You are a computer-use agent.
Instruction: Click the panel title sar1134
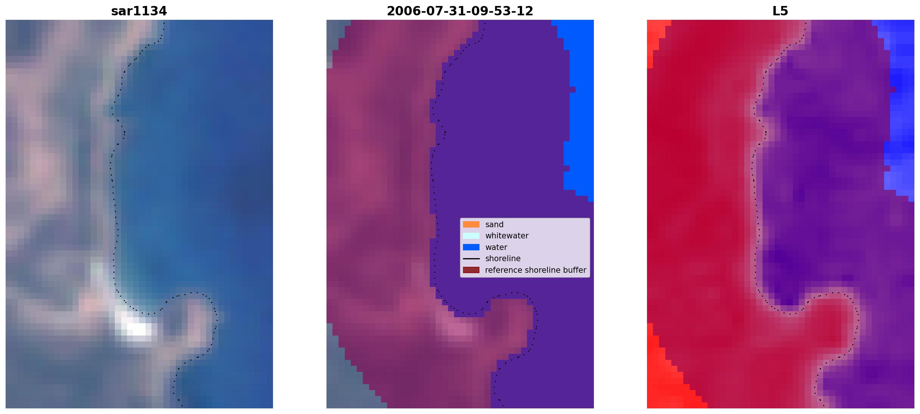point(139,11)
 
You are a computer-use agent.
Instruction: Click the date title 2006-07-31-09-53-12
point(460,11)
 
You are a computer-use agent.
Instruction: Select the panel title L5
point(780,11)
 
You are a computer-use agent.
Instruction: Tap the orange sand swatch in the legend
point(471,224)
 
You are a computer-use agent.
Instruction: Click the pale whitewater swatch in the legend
point(471,236)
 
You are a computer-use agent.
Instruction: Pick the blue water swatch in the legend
point(471,247)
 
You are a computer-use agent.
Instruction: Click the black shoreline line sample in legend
point(471,259)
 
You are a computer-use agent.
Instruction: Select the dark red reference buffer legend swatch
point(471,270)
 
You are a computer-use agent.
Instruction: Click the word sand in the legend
point(494,225)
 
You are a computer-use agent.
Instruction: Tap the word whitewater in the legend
point(507,236)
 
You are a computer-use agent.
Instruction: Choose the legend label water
point(496,247)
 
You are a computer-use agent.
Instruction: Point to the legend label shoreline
point(503,259)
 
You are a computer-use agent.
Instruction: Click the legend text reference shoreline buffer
point(536,270)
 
